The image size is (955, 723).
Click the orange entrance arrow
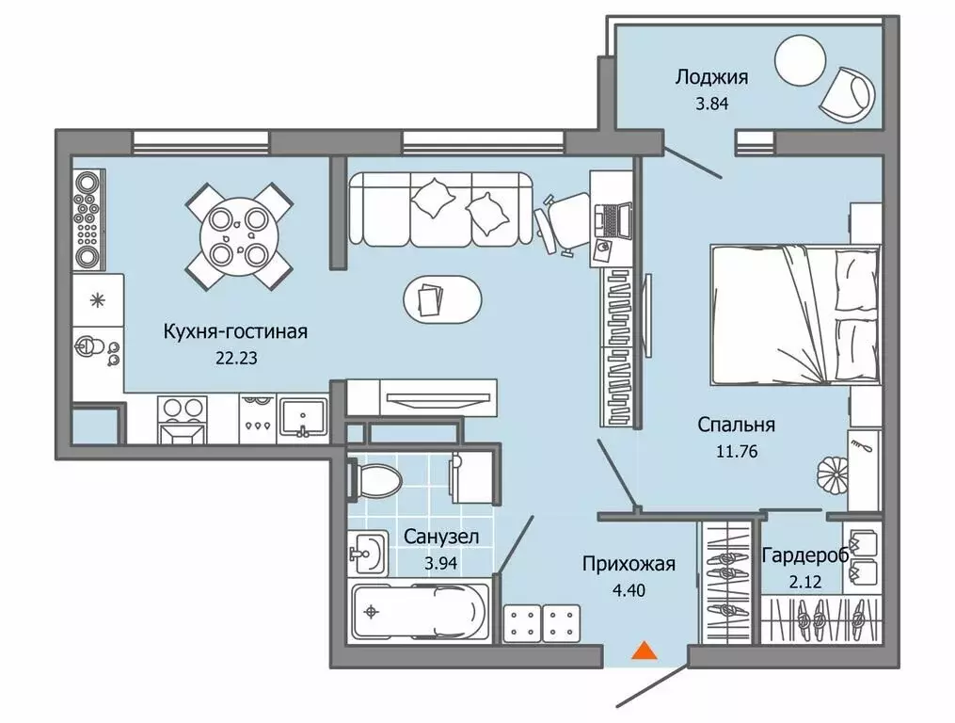pos(645,650)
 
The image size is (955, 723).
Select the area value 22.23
pos(236,357)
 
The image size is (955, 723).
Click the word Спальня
pos(729,425)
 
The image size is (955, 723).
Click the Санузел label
pos(441,537)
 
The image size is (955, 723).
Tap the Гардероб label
pos(805,554)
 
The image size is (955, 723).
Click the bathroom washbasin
pos(367,551)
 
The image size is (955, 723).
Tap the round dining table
pos(239,236)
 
